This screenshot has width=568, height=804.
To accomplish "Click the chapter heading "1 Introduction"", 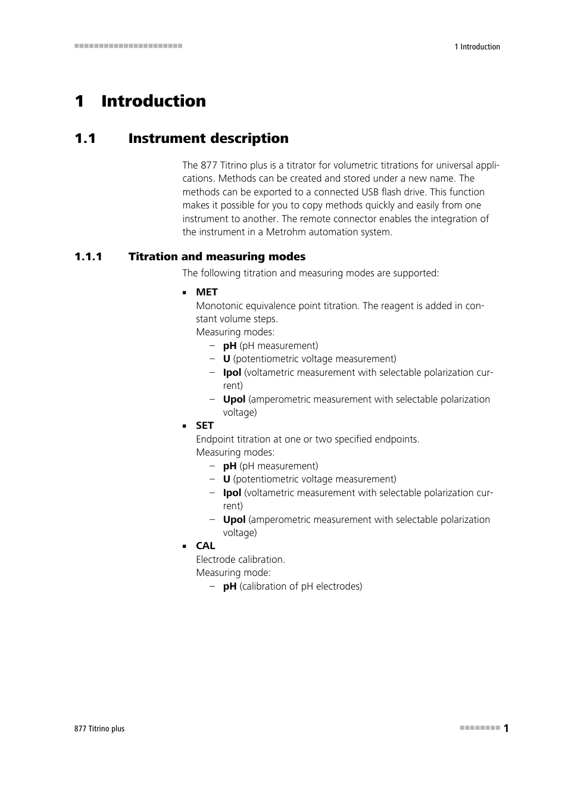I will [x=141, y=101].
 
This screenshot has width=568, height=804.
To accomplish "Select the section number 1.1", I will [x=85, y=139].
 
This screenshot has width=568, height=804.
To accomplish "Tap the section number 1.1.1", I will [x=88, y=257].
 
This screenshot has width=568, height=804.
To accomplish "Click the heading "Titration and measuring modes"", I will [x=217, y=257].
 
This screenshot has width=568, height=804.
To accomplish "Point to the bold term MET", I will [x=207, y=292].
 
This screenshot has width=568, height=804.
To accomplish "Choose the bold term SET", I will [x=204, y=425].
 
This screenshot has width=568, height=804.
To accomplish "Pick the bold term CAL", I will [x=205, y=546].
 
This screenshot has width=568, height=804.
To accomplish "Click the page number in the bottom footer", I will [x=506, y=728].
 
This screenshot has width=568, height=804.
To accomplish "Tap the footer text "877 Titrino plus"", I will [x=99, y=728].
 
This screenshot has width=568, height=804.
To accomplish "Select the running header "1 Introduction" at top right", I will [x=477, y=46].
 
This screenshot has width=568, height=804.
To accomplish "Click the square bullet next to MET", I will [x=185, y=292].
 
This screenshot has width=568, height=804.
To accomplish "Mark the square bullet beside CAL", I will [x=185, y=546].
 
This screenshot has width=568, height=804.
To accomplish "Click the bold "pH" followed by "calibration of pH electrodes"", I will [x=229, y=586].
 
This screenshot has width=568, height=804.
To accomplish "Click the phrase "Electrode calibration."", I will [x=241, y=559].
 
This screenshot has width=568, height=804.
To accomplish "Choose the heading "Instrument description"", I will [x=208, y=139].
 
